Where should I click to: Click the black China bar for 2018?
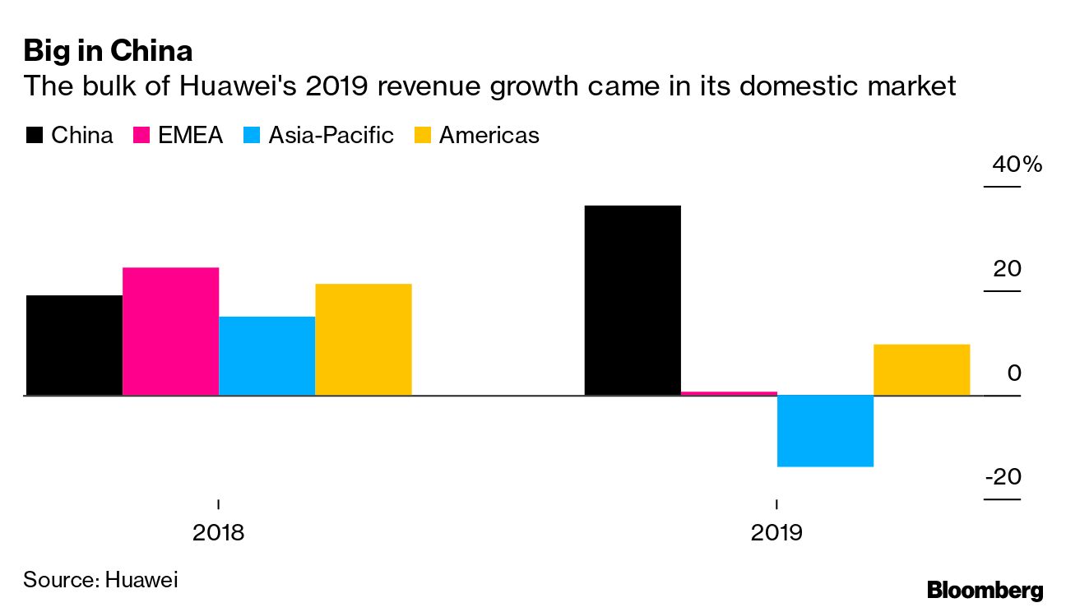tap(74, 345)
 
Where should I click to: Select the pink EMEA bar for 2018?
tap(170, 331)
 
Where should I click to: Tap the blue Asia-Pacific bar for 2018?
tap(266, 356)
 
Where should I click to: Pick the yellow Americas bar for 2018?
tap(363, 340)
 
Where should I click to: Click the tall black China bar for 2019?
tap(633, 300)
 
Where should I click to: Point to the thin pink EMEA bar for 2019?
tap(729, 393)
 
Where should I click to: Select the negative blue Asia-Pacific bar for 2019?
tap(825, 431)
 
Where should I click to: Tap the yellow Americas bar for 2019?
tap(921, 370)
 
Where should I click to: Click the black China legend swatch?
tap(34, 136)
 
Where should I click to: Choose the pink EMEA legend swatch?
tap(141, 136)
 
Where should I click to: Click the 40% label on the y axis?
tap(1017, 165)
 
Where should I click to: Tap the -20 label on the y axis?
tap(1003, 478)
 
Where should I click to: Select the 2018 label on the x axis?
tap(218, 532)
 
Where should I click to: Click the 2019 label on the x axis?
tap(776, 532)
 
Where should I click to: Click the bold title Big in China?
tap(108, 52)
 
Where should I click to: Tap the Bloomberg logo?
tap(985, 589)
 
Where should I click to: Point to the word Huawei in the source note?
tap(141, 579)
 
